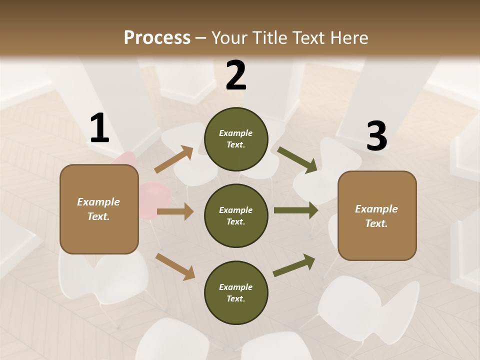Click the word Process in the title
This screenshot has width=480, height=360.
point(157,37)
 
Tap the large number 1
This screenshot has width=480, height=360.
point(99,128)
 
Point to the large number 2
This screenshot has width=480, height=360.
point(236,75)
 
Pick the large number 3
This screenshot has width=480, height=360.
point(376,136)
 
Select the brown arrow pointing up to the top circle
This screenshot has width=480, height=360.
point(174,159)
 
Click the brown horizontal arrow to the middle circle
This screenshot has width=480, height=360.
point(175,211)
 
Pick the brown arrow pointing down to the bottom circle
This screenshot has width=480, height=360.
point(175,266)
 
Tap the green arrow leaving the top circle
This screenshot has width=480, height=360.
point(297,160)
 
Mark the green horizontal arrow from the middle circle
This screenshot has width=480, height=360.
point(295,210)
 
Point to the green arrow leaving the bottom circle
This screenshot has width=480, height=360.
point(294,265)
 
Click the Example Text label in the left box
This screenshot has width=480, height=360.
point(98,209)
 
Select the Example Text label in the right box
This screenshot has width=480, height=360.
point(376,216)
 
